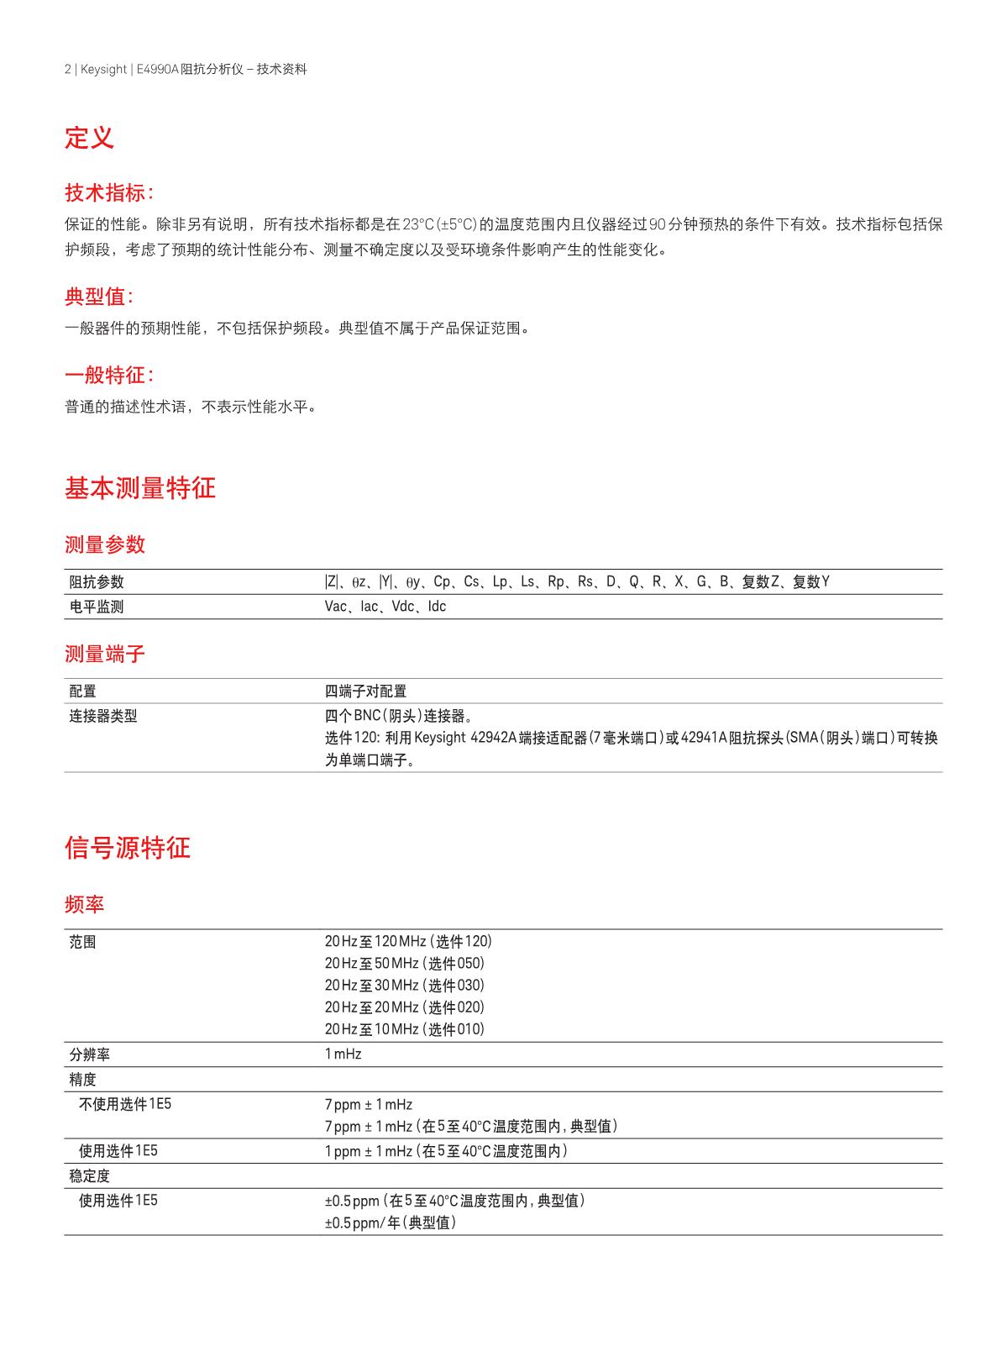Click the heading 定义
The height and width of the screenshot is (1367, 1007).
(89, 138)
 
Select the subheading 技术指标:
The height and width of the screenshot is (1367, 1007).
(109, 193)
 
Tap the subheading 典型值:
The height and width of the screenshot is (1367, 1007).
(98, 297)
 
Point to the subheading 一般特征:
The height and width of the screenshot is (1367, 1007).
(109, 376)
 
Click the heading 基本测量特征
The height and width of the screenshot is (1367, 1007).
(140, 488)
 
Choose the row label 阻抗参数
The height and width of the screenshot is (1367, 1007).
(97, 582)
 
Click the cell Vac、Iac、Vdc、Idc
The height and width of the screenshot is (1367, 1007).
(385, 607)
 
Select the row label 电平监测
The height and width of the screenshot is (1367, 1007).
(97, 607)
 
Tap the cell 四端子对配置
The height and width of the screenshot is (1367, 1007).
(365, 691)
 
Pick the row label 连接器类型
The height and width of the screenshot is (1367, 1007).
(103, 717)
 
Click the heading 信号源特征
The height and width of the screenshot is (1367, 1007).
(128, 848)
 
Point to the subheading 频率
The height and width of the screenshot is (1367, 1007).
(84, 905)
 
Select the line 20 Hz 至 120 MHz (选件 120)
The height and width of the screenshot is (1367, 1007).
(408, 942)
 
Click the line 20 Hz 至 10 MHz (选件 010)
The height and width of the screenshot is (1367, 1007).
(405, 1029)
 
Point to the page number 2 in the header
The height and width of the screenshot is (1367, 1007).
(67, 70)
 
